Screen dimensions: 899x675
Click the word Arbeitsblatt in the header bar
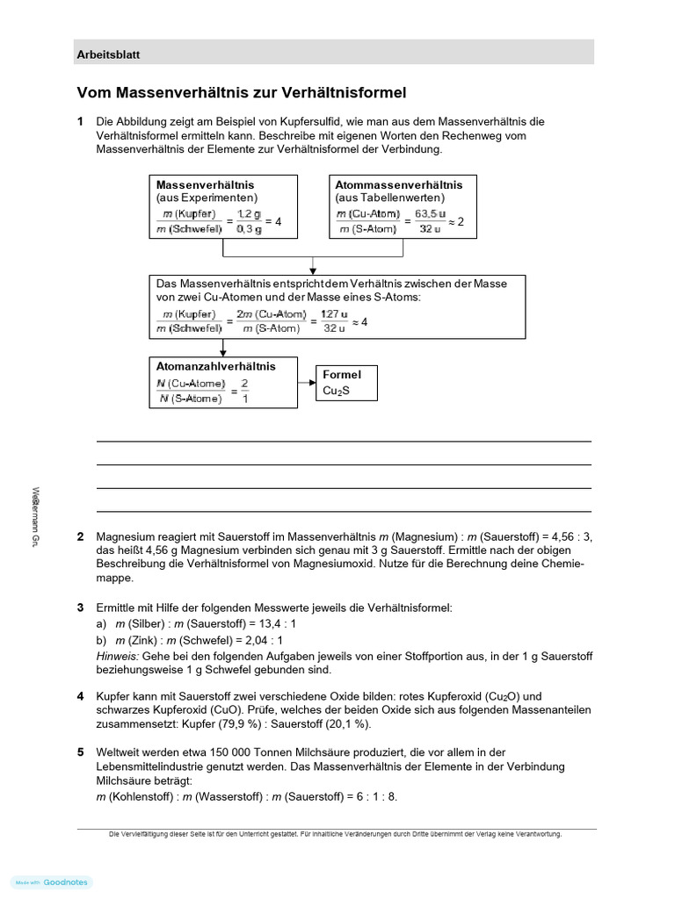pos(109,54)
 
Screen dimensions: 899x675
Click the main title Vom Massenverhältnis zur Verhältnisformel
pos(242,92)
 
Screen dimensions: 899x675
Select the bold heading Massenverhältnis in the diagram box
pos(206,185)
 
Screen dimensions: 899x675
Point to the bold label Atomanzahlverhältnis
pos(215,366)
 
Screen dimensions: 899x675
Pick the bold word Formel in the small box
pos(342,375)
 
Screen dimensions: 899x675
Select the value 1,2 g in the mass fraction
pos(249,214)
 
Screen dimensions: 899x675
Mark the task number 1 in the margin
pos(80,121)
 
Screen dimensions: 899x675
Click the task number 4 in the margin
pos(80,696)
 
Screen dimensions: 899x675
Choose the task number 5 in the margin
pos(80,752)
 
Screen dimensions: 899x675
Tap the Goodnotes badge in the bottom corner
pos(53,882)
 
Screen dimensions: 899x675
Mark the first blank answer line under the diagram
pos(343,441)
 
